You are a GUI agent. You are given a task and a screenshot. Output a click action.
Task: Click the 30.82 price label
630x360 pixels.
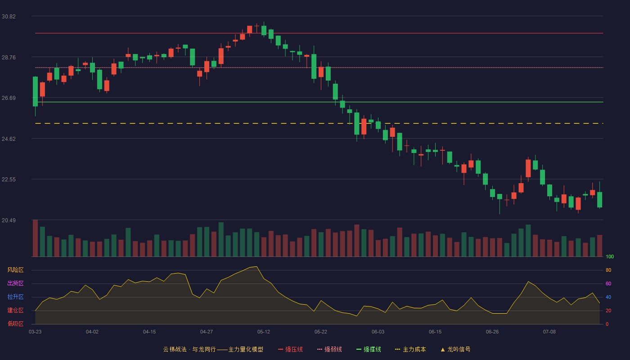click(x=9, y=17)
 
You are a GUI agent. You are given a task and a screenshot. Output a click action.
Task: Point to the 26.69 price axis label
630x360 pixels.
click(x=9, y=98)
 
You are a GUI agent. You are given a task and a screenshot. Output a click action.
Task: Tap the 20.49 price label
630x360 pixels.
click(x=9, y=220)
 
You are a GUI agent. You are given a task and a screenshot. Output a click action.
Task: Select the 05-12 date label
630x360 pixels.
click(x=264, y=332)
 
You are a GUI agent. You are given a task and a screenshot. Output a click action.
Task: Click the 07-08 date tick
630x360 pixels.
click(x=549, y=332)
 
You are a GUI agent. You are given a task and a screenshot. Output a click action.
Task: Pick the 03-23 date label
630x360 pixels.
click(x=35, y=332)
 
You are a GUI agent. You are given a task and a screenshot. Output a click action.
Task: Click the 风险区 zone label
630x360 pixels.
click(x=15, y=270)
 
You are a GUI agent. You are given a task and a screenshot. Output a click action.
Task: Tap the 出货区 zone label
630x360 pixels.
click(x=15, y=283)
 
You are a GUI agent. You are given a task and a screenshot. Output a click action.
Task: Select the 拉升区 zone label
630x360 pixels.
click(x=15, y=297)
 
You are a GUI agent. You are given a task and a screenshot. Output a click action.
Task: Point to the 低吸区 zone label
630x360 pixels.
click(x=15, y=324)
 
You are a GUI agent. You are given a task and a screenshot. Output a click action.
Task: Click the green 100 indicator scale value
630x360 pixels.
click(x=610, y=256)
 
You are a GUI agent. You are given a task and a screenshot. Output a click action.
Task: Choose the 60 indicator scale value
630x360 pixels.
click(x=608, y=283)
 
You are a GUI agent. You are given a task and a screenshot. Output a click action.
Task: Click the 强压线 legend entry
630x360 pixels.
click(x=290, y=349)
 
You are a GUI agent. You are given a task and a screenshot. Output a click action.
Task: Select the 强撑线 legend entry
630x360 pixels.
click(x=369, y=349)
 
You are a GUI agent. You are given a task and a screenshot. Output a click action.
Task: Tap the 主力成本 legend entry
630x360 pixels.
click(x=410, y=349)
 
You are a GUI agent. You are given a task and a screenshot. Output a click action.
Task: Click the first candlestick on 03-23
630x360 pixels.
click(x=35, y=92)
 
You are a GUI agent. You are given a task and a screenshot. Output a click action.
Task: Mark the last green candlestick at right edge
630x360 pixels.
click(x=599, y=200)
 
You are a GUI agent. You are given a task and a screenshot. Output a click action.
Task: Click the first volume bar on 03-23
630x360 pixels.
click(x=35, y=238)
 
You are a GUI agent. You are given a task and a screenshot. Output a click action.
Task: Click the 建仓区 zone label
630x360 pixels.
click(x=15, y=310)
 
